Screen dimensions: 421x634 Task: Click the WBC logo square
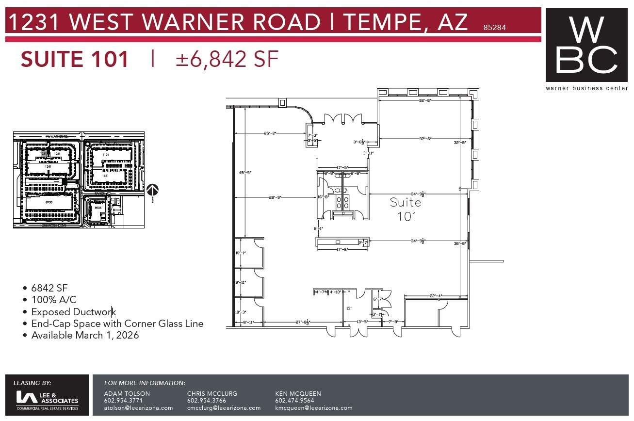(x=586, y=45)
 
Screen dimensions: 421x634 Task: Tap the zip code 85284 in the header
(x=494, y=28)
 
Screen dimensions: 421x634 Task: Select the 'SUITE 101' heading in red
(x=75, y=59)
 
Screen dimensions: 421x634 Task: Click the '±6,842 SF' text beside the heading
(x=227, y=59)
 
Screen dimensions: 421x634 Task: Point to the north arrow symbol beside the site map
(x=153, y=191)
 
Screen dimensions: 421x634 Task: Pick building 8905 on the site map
(x=98, y=208)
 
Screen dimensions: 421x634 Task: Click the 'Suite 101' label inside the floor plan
(x=406, y=209)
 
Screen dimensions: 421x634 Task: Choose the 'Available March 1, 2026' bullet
(x=85, y=335)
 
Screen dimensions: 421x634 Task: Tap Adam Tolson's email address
(x=138, y=408)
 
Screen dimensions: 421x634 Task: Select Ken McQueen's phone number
(x=294, y=401)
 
